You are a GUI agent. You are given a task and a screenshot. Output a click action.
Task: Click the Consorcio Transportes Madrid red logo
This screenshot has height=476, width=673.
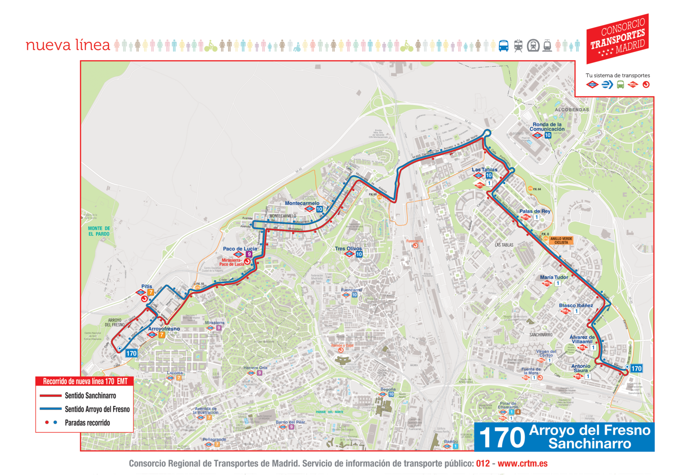pyautogui.click(x=617, y=39)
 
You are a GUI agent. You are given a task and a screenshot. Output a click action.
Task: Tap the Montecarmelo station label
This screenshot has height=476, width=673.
pyautogui.click(x=302, y=203)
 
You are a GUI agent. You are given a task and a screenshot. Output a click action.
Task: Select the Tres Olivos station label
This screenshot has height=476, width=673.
pyautogui.click(x=348, y=249)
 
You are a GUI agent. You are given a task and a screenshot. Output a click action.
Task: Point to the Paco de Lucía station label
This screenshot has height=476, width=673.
pyautogui.click(x=240, y=249)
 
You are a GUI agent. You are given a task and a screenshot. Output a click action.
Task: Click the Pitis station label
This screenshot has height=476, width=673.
pyautogui.click(x=146, y=286)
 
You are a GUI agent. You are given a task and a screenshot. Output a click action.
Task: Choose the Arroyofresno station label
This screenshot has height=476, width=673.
pyautogui.click(x=164, y=329)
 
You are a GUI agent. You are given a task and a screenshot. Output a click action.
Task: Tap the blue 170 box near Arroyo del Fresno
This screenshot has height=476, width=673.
pyautogui.click(x=131, y=353)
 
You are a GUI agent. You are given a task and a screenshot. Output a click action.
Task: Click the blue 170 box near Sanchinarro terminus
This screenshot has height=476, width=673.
pyautogui.click(x=636, y=369)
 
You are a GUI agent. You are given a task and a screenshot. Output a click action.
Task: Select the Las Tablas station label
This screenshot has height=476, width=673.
pyautogui.click(x=484, y=170)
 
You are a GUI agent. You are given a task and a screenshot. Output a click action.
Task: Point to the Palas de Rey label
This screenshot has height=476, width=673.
pyautogui.click(x=535, y=211)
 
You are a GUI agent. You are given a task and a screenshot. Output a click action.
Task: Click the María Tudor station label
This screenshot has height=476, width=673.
pyautogui.click(x=554, y=277)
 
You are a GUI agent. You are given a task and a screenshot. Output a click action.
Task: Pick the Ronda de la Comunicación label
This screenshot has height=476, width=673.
pyautogui.click(x=547, y=127)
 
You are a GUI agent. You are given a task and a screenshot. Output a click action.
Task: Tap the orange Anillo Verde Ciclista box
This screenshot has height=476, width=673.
pyautogui.click(x=561, y=240)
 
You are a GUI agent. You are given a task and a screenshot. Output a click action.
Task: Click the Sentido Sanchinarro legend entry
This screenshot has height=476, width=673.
pyautogui.click(x=90, y=395)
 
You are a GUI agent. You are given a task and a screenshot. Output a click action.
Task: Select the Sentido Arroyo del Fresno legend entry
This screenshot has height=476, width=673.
pyautogui.click(x=97, y=409)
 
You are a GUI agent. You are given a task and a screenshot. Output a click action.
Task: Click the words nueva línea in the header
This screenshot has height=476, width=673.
pyautogui.click(x=68, y=45)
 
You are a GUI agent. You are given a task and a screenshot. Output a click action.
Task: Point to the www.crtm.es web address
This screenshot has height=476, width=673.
pyautogui.click(x=522, y=463)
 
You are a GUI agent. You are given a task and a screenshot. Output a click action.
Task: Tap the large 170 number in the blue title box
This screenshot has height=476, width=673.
pyautogui.click(x=502, y=438)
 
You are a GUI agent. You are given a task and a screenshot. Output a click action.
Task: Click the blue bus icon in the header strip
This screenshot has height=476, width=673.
pyautogui.click(x=503, y=46)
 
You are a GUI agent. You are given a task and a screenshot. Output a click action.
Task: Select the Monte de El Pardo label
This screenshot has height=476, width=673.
pyautogui.click(x=99, y=231)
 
